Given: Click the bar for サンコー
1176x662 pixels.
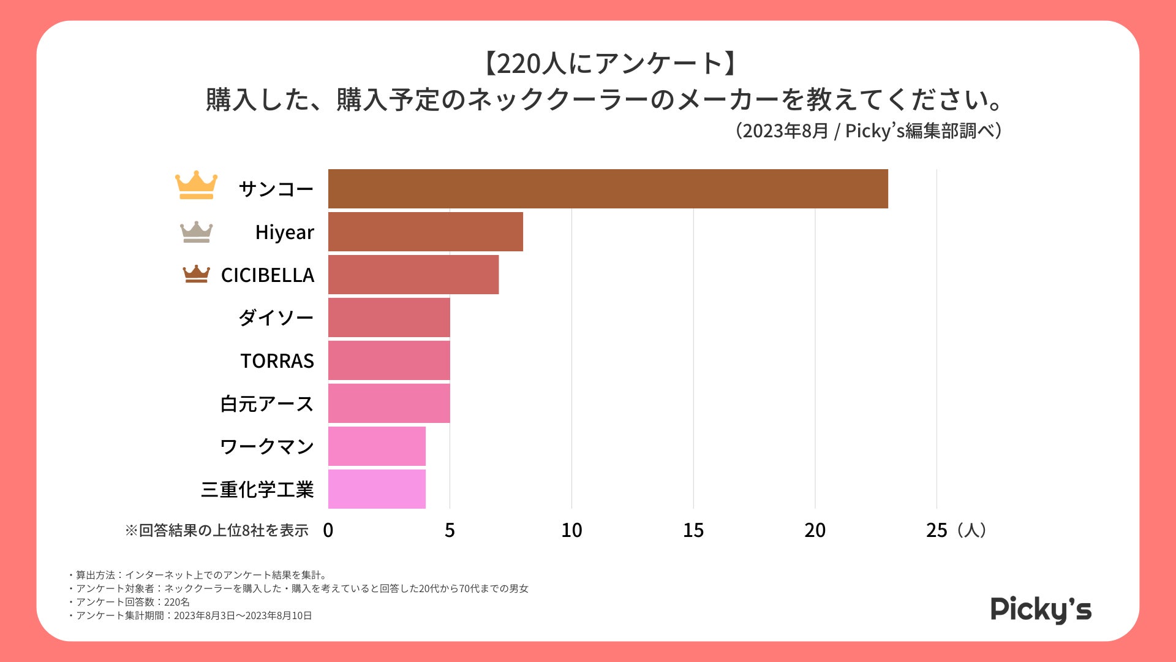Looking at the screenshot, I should pyautogui.click(x=608, y=189).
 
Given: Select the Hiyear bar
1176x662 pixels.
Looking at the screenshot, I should pyautogui.click(x=425, y=232).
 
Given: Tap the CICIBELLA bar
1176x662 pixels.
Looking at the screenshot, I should pyautogui.click(x=413, y=275).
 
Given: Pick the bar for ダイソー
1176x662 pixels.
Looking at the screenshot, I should pyautogui.click(x=388, y=318).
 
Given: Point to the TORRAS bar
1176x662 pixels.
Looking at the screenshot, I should pyautogui.click(x=388, y=360).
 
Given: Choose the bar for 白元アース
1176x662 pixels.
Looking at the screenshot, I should pyautogui.click(x=388, y=403).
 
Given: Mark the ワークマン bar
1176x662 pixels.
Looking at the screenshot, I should pyautogui.click(x=377, y=446).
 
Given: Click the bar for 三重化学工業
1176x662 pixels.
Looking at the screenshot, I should pyautogui.click(x=377, y=489).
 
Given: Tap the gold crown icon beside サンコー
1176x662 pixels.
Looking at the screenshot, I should pyautogui.click(x=196, y=185).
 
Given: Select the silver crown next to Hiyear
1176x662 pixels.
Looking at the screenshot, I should pyautogui.click(x=196, y=232).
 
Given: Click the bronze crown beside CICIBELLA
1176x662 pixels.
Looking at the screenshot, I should pyautogui.click(x=196, y=274).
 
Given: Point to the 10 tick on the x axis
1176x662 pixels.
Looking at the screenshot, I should pyautogui.click(x=571, y=530).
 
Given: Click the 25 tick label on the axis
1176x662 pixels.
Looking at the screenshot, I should pyautogui.click(x=937, y=530).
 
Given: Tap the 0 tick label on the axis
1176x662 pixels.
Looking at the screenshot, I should pyautogui.click(x=328, y=530).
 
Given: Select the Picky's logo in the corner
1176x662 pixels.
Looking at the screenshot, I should pyautogui.click(x=1041, y=609).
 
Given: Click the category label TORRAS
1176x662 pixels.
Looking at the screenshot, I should pyautogui.click(x=277, y=361).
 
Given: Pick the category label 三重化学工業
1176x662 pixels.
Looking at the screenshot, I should pyautogui.click(x=257, y=490).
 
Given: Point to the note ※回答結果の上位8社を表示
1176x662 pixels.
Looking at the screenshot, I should pyautogui.click(x=217, y=530).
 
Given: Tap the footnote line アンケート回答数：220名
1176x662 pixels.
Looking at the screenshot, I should pyautogui.click(x=132, y=602).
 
